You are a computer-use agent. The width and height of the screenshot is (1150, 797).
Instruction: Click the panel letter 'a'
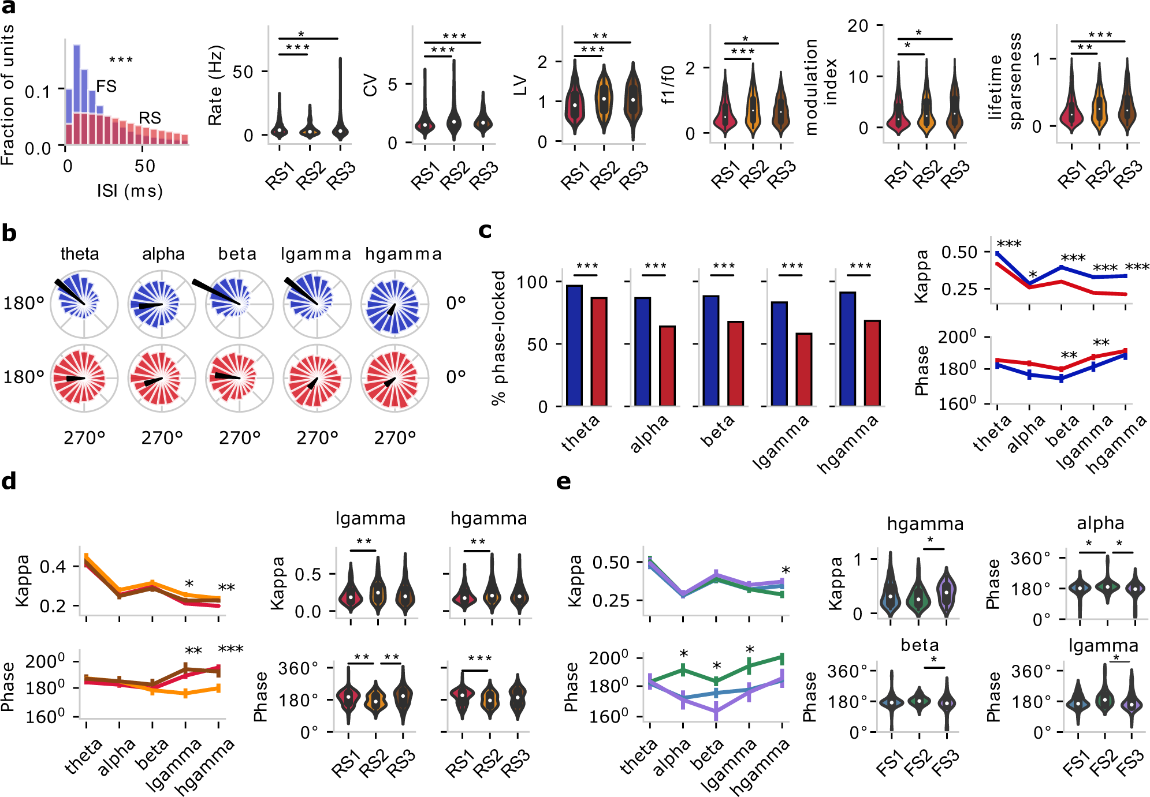pos(9,8)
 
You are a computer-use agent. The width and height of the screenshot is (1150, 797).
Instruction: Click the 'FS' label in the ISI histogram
pos(106,87)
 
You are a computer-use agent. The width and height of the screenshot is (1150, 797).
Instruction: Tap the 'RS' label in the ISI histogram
pos(150,118)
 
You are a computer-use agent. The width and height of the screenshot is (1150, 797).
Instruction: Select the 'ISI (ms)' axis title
pos(130,191)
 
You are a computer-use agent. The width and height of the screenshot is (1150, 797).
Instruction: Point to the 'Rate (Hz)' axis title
pos(215,85)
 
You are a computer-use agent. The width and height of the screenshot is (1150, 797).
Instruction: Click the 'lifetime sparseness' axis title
pos(1004,81)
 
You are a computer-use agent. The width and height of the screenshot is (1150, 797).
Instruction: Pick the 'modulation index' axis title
pos(821,87)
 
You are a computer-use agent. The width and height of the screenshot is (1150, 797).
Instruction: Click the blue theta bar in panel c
pos(574,345)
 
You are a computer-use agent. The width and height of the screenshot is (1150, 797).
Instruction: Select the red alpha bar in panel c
pos(667,366)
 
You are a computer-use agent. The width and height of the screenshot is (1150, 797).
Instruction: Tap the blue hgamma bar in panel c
pos(847,349)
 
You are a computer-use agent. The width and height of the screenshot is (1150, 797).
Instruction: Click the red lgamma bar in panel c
pos(803,369)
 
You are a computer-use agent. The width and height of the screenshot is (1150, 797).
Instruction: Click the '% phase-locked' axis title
pos(498,338)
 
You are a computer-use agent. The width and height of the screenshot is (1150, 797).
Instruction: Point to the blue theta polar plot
pos(84,304)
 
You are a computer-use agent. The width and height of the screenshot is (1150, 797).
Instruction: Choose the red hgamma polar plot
pos(395,378)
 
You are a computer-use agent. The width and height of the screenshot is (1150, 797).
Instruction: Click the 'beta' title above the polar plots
pos(237,254)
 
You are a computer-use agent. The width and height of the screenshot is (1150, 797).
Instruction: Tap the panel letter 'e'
pos(563,481)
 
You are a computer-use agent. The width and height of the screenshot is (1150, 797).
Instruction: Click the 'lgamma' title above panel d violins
pos(370,518)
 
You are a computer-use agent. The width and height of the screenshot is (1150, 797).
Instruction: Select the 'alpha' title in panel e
pos(1100,523)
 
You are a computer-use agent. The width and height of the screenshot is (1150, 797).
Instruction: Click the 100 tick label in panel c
pos(532,282)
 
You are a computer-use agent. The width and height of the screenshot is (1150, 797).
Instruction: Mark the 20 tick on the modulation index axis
pos(858,26)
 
